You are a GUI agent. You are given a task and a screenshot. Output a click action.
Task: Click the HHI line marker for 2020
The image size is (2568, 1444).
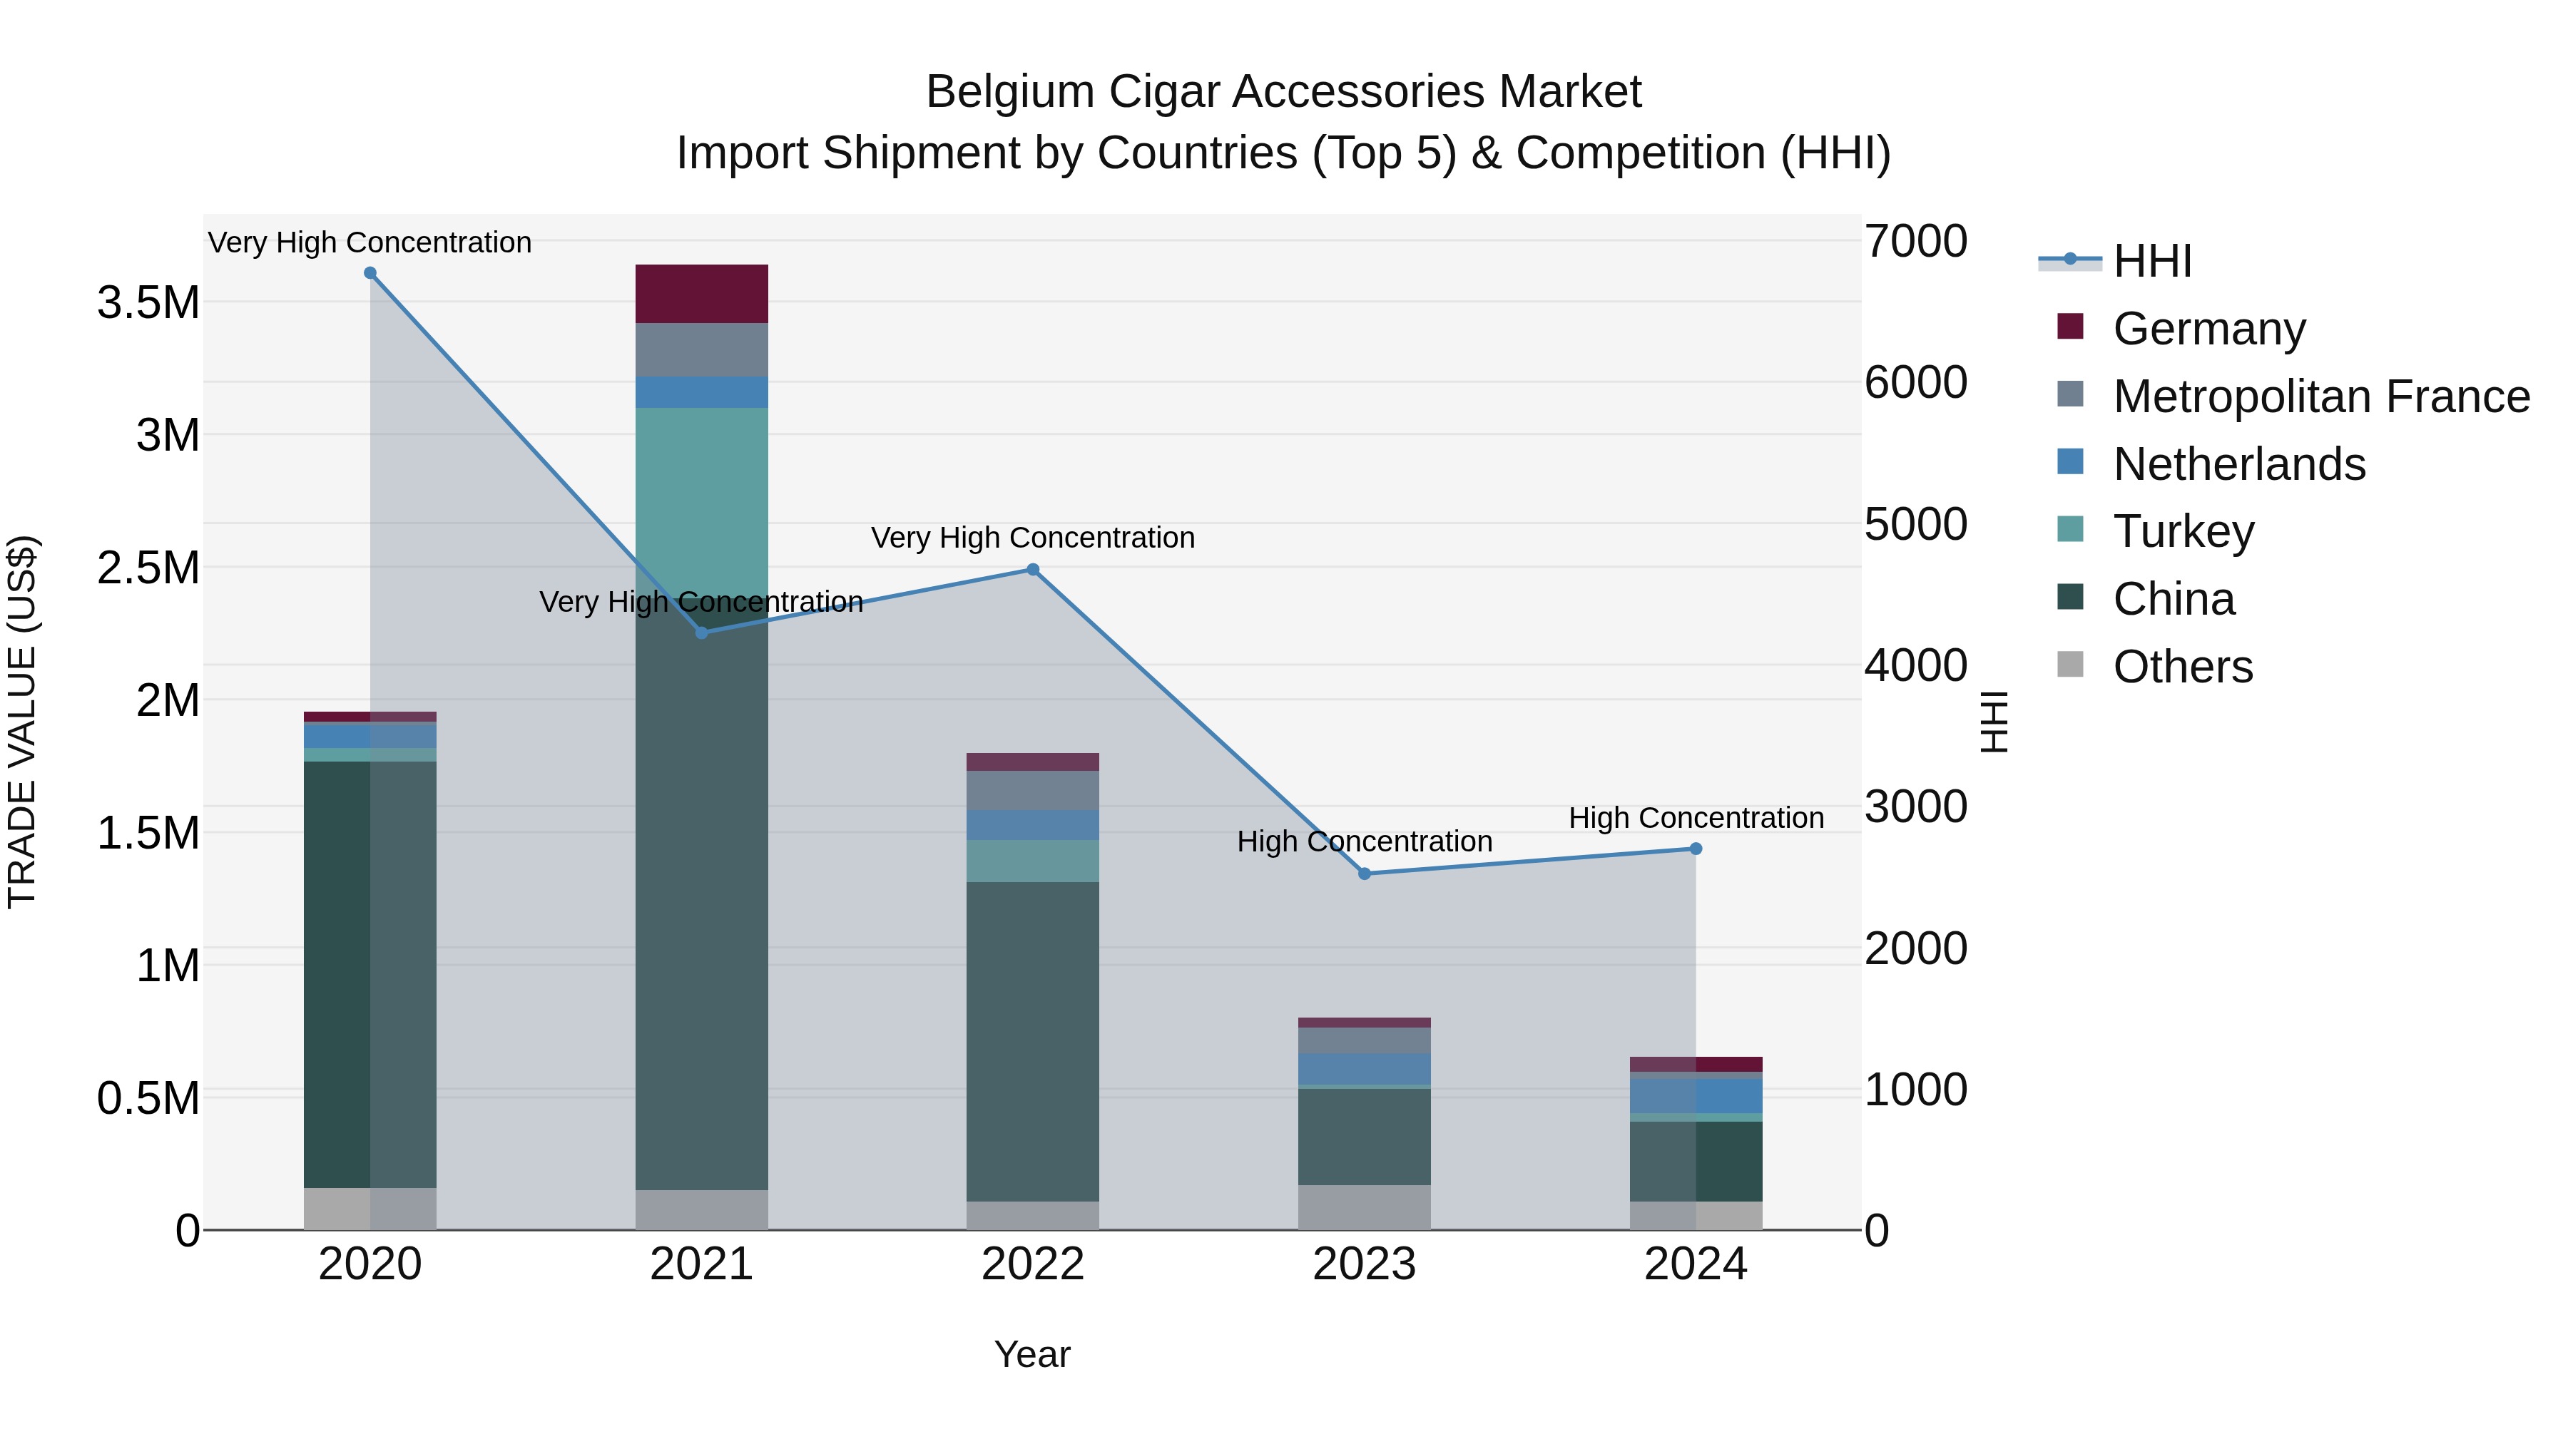click(370, 273)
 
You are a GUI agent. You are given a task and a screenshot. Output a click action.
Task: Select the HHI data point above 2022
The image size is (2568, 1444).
click(1033, 570)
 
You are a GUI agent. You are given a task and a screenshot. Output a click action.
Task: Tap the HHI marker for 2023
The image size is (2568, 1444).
click(1365, 874)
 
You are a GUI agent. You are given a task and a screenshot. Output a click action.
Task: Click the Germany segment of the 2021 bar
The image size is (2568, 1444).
click(702, 294)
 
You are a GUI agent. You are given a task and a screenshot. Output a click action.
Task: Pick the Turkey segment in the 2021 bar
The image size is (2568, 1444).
click(702, 498)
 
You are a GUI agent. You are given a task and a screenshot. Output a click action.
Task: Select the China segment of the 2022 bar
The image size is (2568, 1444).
click(1033, 1041)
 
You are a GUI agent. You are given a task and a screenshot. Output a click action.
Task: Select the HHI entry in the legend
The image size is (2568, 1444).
click(2151, 261)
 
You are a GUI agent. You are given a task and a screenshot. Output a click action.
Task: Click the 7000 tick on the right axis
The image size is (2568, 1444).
click(1915, 241)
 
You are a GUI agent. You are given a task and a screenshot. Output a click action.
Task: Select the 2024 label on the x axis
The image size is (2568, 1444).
click(1695, 1264)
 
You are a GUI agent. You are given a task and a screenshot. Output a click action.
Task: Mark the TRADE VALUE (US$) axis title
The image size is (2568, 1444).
click(22, 722)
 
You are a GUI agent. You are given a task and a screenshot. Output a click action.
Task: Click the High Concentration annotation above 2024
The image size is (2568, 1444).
click(1696, 818)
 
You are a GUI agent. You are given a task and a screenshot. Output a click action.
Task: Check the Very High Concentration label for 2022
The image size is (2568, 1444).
click(1033, 538)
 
